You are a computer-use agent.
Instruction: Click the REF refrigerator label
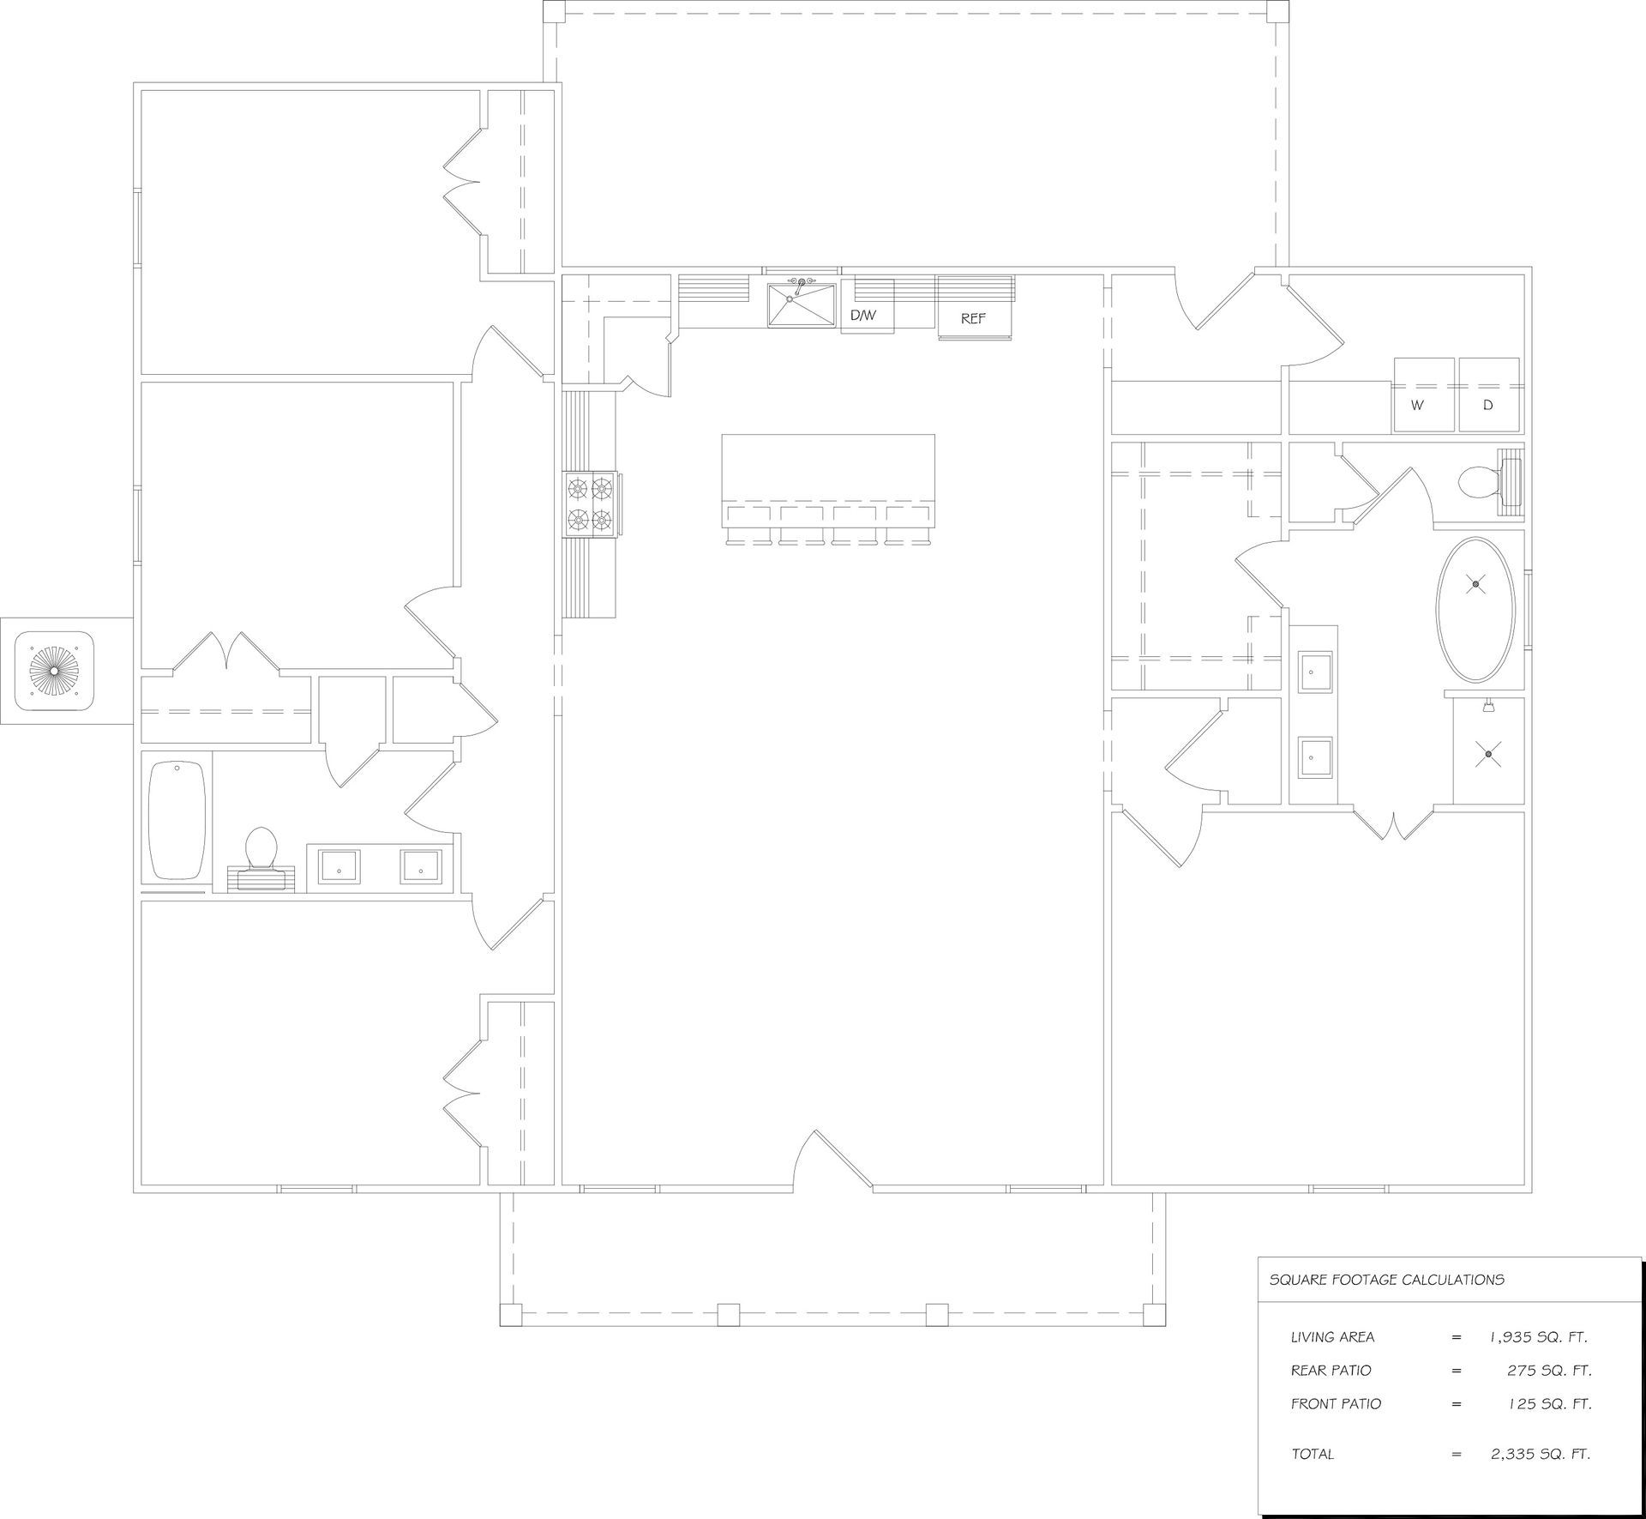[973, 318]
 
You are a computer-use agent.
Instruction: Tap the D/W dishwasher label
[863, 316]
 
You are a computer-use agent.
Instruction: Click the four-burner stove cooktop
[590, 504]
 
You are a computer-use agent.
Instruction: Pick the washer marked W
[1424, 395]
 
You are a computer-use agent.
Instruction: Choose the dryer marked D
[1489, 395]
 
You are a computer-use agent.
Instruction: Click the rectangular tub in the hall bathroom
[178, 818]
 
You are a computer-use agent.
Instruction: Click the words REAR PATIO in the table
[1331, 1371]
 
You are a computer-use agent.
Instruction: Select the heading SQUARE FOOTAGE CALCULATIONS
[1386, 1280]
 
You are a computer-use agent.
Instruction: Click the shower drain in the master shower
[1489, 754]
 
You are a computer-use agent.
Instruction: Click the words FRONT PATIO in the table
[1336, 1404]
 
